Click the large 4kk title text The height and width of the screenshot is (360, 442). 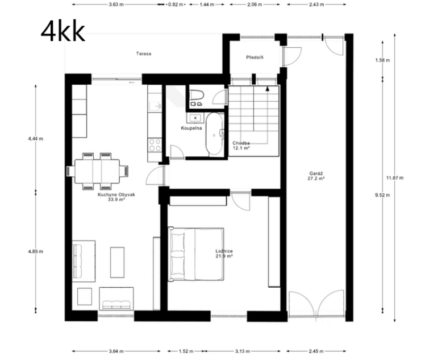point(62,31)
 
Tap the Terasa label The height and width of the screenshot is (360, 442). point(143,54)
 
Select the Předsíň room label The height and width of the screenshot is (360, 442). point(255,57)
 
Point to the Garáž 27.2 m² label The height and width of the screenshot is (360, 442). point(315,175)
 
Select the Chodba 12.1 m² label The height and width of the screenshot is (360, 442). point(241,145)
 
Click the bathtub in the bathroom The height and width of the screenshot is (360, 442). point(214,134)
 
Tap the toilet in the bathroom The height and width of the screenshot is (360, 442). point(197,97)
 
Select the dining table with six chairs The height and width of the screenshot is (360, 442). point(97,170)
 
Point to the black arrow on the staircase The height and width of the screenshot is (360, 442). point(267,89)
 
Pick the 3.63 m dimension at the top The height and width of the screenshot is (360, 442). point(116,4)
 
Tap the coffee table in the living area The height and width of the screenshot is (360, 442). point(118,262)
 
